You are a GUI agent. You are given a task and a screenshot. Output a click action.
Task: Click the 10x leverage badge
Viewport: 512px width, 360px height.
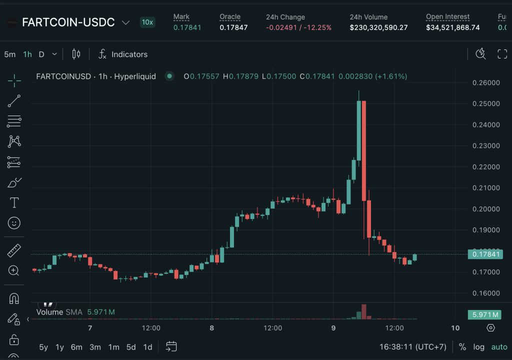point(147,22)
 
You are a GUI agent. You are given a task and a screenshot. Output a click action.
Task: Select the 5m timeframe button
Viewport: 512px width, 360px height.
point(10,54)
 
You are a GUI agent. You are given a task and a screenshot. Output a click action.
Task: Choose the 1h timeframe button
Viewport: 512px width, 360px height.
point(27,54)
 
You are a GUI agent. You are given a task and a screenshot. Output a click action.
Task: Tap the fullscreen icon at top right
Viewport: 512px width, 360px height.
point(502,54)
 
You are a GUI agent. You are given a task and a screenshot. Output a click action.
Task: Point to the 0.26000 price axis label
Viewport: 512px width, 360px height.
point(485,83)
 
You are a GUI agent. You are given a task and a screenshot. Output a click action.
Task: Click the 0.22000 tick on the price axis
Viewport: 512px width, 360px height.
point(485,167)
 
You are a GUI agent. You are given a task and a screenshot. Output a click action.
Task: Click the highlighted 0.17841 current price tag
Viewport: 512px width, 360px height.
point(485,254)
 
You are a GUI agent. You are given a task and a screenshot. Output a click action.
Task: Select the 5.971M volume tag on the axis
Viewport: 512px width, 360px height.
point(485,314)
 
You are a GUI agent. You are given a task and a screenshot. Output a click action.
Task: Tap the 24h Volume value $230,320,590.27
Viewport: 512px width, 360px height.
point(378,27)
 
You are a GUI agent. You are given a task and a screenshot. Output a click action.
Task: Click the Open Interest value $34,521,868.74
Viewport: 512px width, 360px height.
point(452,27)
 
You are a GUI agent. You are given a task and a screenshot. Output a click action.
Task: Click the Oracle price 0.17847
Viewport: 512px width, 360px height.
point(233,27)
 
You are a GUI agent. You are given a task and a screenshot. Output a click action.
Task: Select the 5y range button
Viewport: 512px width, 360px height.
point(44,347)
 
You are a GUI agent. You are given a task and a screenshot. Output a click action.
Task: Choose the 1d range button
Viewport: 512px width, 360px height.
point(147,347)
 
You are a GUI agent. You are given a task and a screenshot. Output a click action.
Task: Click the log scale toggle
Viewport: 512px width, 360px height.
point(478,347)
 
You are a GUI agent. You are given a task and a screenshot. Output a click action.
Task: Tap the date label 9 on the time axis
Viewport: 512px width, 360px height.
point(333,328)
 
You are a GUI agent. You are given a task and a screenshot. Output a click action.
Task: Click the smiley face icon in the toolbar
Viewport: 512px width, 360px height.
point(14,223)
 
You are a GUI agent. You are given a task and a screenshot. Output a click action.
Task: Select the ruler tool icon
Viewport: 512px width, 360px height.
point(14,250)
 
